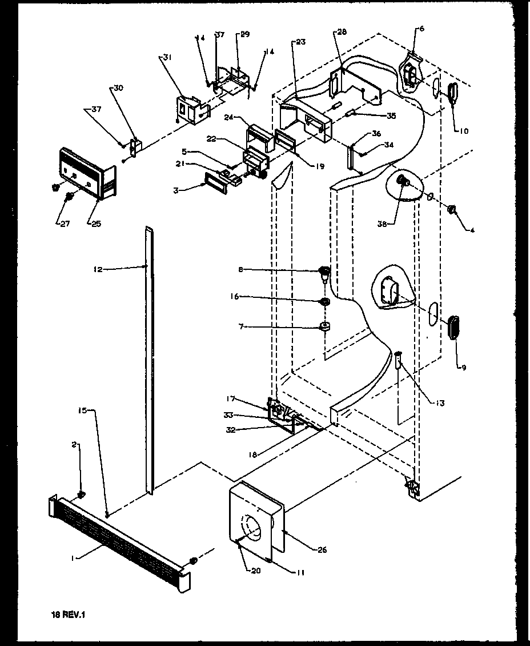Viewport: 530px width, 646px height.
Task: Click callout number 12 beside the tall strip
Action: tap(99, 269)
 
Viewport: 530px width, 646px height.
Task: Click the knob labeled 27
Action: tap(69, 197)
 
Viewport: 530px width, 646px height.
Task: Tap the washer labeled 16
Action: tap(324, 301)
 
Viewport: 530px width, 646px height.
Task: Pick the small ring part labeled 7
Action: tap(325, 327)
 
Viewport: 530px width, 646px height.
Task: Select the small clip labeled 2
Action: tap(81, 493)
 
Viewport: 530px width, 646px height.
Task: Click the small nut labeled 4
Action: tap(452, 210)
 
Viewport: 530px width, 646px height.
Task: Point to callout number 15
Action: tap(82, 412)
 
